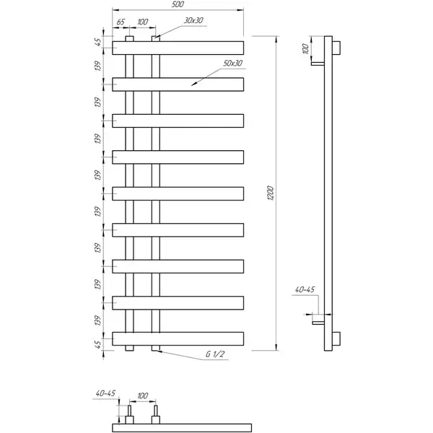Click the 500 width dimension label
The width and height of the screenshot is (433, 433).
point(178,5)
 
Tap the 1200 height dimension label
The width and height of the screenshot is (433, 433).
point(271,193)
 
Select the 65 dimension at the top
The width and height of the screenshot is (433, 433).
point(121,22)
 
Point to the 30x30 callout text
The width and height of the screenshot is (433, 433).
point(193,20)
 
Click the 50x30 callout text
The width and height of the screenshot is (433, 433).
point(233,64)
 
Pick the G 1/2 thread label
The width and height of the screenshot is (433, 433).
point(215,354)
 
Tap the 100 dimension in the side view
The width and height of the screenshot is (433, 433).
point(305,48)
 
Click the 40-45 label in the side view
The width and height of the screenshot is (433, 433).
point(305,289)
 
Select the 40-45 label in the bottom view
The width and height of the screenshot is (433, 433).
point(105,393)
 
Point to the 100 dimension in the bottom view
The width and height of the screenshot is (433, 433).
point(142,395)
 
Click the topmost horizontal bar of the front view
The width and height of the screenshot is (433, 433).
point(178,48)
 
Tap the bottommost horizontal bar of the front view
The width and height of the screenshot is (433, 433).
point(178,339)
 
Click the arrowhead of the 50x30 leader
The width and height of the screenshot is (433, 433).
point(192,85)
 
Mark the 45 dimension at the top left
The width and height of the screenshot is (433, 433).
point(97,42)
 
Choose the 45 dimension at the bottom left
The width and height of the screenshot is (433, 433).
point(97,344)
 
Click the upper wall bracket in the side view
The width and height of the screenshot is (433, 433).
point(318,64)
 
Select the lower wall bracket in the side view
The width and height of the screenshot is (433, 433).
point(318,323)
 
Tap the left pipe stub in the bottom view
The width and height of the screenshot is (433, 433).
point(129,414)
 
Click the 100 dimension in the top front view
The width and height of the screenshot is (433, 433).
point(142,22)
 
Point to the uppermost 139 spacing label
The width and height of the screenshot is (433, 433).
point(97,66)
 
